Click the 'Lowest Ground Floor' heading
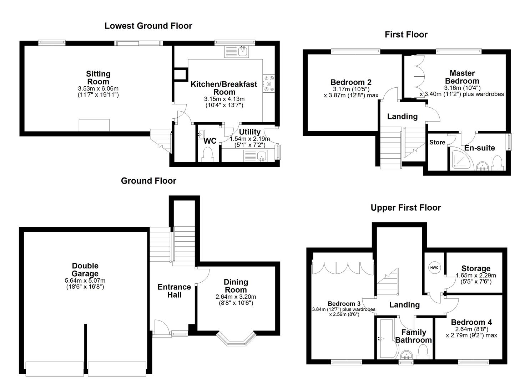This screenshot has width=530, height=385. click(x=148, y=26)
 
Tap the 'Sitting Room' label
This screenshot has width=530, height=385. click(x=98, y=78)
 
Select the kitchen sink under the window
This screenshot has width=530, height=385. click(x=238, y=51)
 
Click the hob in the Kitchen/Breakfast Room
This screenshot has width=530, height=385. click(x=269, y=83)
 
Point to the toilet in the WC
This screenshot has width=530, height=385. click(x=207, y=155)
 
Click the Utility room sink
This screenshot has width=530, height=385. click(x=255, y=156)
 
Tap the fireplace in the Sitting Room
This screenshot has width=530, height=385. click(x=94, y=125)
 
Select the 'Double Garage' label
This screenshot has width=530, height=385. click(x=85, y=269)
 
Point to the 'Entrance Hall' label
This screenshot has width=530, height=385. click(x=174, y=291)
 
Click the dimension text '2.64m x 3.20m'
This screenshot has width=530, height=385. click(x=236, y=297)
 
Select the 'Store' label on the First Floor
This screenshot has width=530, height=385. click(x=437, y=143)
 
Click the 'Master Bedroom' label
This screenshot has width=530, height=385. click(x=462, y=77)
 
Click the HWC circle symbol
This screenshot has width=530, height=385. click(x=434, y=267)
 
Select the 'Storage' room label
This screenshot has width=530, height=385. click(x=476, y=268)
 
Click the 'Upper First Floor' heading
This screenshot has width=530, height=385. click(x=405, y=208)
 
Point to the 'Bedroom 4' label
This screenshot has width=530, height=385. click(x=471, y=322)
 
